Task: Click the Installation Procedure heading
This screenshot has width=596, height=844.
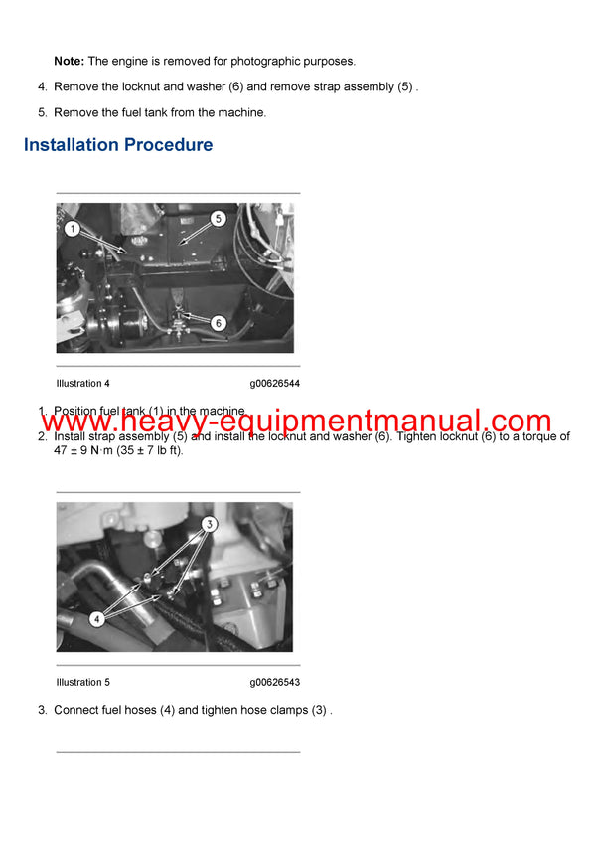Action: click(118, 145)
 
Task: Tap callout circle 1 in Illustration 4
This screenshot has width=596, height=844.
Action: click(71, 229)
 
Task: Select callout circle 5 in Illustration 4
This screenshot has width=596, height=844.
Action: click(218, 217)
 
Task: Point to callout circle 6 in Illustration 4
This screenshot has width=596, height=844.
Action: click(218, 323)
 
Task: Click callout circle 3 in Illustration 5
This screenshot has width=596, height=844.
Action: click(210, 523)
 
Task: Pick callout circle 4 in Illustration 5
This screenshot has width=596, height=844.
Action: click(96, 618)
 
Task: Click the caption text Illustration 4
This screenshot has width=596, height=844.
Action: click(83, 383)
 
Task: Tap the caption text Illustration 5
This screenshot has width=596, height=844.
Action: click(83, 682)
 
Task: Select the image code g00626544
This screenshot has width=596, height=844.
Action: click(275, 383)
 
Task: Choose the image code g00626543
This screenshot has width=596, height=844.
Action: click(275, 682)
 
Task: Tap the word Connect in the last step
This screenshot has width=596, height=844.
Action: click(75, 710)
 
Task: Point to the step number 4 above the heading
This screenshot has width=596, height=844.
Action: click(43, 87)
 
